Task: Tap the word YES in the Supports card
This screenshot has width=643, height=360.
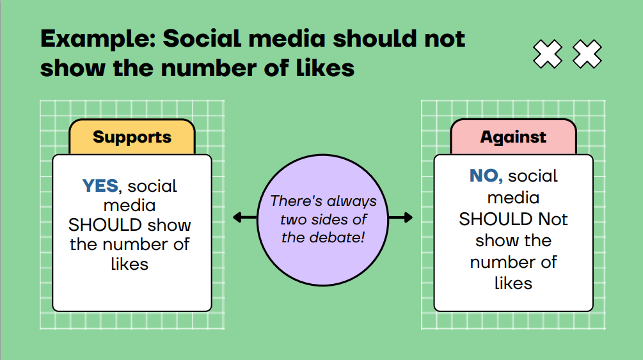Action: point(100,185)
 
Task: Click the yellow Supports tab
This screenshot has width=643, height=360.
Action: point(132,137)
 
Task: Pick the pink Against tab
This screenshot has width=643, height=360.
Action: point(513,137)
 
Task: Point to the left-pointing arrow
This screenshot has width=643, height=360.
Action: point(245,217)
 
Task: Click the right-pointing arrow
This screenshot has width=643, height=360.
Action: point(401,217)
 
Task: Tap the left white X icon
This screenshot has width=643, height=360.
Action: point(548,54)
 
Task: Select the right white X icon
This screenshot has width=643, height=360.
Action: point(587,54)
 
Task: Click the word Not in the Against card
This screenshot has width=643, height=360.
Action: point(553,219)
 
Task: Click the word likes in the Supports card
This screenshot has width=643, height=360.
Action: point(130,263)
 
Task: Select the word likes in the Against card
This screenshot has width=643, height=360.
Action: point(513,283)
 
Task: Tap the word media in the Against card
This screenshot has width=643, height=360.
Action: point(513,198)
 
